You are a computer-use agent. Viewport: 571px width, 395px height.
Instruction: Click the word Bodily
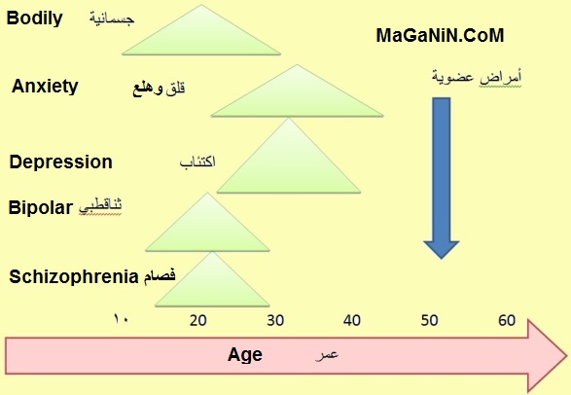click(35, 18)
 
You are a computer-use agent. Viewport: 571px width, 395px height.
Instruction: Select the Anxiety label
click(45, 87)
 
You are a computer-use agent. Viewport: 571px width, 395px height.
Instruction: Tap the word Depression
click(61, 162)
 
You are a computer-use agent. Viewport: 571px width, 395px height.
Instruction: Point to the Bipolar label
click(41, 207)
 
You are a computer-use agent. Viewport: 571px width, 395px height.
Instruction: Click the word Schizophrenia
click(74, 276)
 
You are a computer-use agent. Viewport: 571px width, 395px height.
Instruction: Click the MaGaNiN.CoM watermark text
click(440, 35)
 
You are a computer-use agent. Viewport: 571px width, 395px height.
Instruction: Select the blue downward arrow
click(442, 178)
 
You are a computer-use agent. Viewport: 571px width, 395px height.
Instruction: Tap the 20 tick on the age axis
click(198, 320)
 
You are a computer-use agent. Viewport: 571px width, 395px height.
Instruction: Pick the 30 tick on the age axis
click(275, 320)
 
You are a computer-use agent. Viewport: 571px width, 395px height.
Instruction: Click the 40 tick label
click(352, 320)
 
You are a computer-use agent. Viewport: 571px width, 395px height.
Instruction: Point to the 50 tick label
click(429, 320)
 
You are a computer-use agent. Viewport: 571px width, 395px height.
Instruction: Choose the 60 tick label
click(507, 320)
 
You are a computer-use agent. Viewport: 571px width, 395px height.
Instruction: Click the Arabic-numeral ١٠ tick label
click(121, 319)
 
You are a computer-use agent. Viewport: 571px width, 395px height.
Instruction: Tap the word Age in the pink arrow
click(245, 354)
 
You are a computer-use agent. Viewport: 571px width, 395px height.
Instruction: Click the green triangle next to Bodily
click(201, 36)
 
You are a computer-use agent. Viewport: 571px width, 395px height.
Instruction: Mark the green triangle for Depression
click(289, 163)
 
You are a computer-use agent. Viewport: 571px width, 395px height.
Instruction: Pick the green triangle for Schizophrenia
click(212, 286)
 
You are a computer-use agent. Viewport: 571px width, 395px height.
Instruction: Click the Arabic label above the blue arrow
click(477, 78)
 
